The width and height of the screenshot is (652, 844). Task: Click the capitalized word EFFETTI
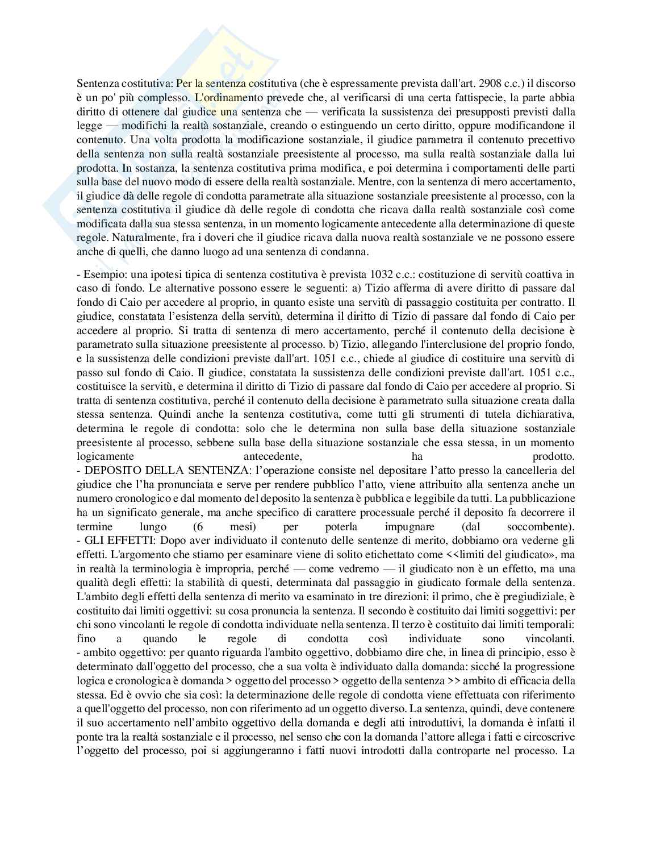click(119, 541)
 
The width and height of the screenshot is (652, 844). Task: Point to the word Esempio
click(102, 275)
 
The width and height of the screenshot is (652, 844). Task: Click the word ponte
click(89, 737)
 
